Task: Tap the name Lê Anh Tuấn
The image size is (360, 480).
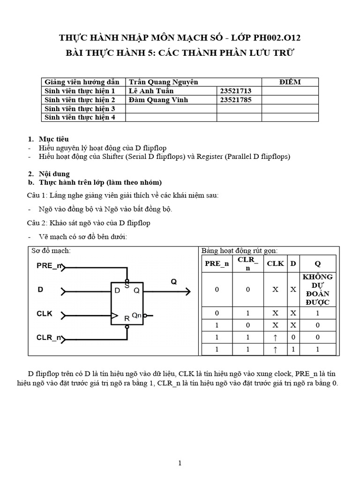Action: click(151, 91)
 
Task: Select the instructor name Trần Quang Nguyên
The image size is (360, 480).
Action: click(163, 82)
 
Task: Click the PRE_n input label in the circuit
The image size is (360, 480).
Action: click(49, 266)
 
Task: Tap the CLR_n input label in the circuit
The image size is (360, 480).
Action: click(49, 337)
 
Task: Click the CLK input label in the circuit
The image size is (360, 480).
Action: click(45, 314)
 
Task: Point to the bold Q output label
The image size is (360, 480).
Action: click(173, 282)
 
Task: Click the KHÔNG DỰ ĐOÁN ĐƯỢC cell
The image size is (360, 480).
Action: click(317, 289)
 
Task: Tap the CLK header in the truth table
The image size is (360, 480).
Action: click(275, 263)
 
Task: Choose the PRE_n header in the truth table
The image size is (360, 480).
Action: click(217, 263)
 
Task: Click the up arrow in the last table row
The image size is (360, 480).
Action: click(275, 349)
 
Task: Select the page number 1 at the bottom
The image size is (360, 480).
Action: click(180, 463)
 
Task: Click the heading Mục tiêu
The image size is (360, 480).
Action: click(54, 139)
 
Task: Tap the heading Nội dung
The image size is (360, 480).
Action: click(54, 174)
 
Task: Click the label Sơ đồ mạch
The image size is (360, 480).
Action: click(51, 250)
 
